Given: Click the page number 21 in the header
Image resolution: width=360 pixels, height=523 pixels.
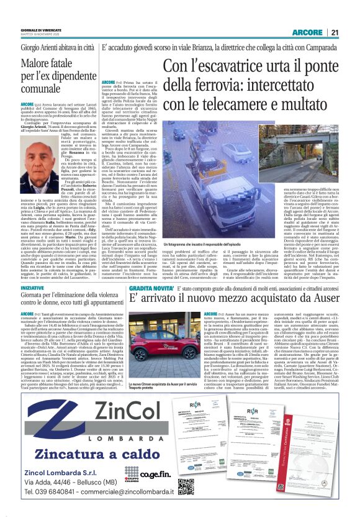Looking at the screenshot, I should [x=335, y=33].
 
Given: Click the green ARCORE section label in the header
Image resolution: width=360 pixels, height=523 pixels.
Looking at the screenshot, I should [x=306, y=33].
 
